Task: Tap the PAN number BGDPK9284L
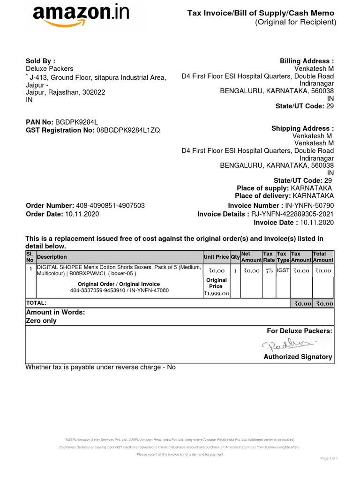click(x=77, y=121)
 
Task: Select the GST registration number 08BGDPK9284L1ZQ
click(x=128, y=130)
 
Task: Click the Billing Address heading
click(x=307, y=61)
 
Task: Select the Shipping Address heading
click(x=302, y=128)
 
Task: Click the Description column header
click(x=52, y=257)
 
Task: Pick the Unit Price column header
click(x=216, y=257)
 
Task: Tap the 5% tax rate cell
click(x=269, y=270)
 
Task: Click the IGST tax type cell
click(x=283, y=270)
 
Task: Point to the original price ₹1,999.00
click(x=216, y=293)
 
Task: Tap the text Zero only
click(x=41, y=321)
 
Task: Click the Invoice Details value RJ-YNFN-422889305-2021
click(x=293, y=214)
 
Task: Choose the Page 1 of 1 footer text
click(x=329, y=458)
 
